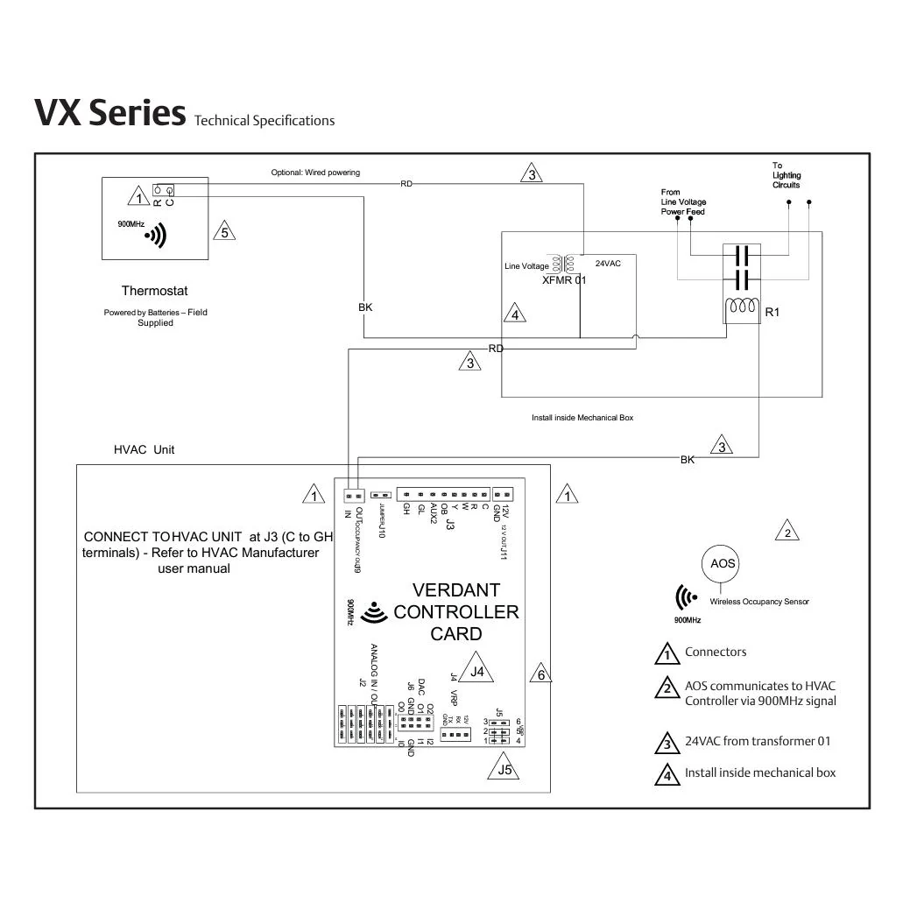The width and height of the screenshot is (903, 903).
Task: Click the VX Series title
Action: (x=109, y=113)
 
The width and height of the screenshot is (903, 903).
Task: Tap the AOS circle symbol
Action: (x=723, y=563)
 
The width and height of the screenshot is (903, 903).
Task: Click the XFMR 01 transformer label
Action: (x=564, y=280)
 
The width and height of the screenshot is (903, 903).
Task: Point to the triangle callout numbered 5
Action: (x=224, y=232)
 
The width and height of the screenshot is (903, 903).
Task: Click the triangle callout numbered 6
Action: (x=541, y=674)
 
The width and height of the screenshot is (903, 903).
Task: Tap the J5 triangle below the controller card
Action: (x=504, y=770)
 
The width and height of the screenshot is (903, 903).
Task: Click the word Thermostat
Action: (x=154, y=291)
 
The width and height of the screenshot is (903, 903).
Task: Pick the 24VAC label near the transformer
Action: (x=608, y=264)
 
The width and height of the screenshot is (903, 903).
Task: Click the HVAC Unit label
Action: (x=145, y=449)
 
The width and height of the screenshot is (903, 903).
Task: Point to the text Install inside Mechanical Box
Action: (x=582, y=418)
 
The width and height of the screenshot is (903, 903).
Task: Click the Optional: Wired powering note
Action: (x=315, y=173)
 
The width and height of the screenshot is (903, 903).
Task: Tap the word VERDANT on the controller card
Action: (x=455, y=590)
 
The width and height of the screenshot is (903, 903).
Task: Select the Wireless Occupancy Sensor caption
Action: (x=759, y=602)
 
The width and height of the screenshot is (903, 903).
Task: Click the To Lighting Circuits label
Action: (x=786, y=175)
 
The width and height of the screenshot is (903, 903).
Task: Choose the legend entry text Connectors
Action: (x=716, y=652)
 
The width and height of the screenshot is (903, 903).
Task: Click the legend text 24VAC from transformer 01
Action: (x=758, y=741)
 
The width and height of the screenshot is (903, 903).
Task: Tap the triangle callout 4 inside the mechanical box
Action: (x=515, y=314)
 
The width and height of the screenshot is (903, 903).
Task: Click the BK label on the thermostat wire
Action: (x=365, y=307)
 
